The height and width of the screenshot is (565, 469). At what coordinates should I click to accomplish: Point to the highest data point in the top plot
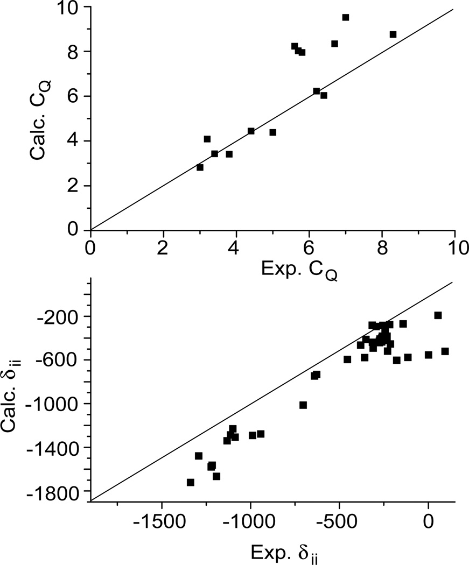click(x=346, y=17)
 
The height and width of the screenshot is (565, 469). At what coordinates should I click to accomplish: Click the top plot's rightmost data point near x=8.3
click(x=393, y=34)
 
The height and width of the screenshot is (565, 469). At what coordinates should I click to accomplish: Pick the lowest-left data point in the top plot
click(x=200, y=167)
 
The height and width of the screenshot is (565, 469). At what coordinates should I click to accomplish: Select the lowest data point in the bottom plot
click(x=190, y=483)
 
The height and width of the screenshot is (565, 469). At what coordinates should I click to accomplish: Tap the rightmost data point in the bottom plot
click(x=445, y=351)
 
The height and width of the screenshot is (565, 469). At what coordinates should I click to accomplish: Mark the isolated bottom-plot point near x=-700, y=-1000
click(x=303, y=405)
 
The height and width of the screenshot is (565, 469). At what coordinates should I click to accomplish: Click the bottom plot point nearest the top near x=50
click(x=438, y=315)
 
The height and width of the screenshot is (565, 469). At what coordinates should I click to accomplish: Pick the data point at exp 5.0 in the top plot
click(x=273, y=132)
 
